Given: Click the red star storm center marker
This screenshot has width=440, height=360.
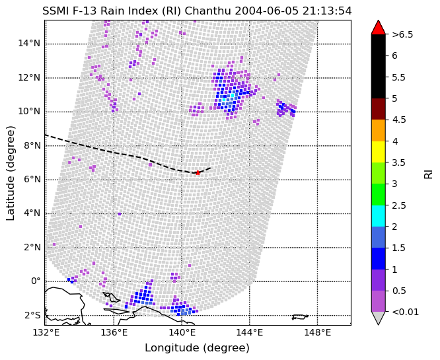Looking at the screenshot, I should point(198,172).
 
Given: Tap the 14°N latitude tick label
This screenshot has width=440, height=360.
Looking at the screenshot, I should point(28,44).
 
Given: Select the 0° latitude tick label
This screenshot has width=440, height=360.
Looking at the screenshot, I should point(34,281).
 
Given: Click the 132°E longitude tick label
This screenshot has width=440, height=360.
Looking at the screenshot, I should point(45,332).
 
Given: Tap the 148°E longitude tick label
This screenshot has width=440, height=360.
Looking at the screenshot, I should point(317,332).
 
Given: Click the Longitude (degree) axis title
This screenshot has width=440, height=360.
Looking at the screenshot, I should point(198,348).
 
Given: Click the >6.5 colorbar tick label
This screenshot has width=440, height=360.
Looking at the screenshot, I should point(402,34).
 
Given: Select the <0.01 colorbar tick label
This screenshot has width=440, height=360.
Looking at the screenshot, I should point(405,312).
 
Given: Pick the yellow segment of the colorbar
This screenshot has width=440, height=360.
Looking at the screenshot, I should point(378,151).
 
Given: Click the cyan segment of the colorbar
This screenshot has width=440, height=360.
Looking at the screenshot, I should point(378,215).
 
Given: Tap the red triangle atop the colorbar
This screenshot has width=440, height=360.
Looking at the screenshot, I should point(378,28).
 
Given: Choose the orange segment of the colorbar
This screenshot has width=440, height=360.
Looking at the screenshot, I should point(378,130).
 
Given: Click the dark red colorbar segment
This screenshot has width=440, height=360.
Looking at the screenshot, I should point(378,108).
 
